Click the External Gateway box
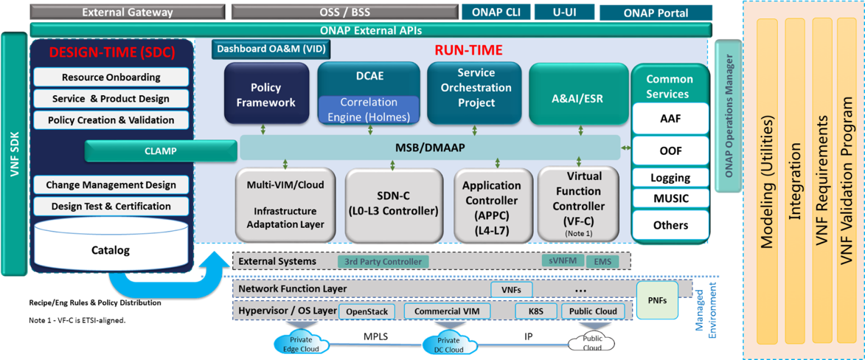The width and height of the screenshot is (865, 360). (128, 12)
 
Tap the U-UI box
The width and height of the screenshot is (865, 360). (564, 12)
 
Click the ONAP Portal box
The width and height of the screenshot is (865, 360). (655, 13)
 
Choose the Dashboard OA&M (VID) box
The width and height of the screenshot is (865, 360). (271, 49)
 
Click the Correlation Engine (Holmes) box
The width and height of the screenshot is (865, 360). (369, 109)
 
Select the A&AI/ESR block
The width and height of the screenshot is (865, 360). (579, 93)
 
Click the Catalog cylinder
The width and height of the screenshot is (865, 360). (111, 245)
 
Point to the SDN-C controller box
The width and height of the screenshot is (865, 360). (394, 205)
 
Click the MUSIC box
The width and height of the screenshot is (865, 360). (670, 198)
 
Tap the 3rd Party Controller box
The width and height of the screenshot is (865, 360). (383, 261)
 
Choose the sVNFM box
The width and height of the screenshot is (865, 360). (562, 260)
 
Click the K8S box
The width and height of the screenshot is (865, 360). (536, 311)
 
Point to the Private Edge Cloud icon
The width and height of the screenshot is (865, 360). (296, 343)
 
